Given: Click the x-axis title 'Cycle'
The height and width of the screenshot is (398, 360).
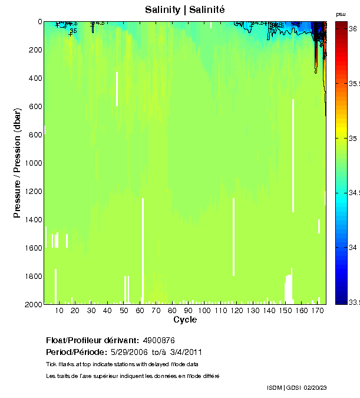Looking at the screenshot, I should click(185, 320).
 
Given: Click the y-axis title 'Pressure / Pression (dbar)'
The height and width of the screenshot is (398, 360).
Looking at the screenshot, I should click(18, 163).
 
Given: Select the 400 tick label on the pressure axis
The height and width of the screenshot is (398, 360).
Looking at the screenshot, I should click(33, 78).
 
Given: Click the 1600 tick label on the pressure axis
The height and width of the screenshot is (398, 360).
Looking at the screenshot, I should click(31, 248).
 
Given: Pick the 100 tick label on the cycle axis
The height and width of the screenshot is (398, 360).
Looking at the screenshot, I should click(204, 310).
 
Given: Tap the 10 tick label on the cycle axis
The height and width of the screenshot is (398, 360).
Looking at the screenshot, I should click(59, 310).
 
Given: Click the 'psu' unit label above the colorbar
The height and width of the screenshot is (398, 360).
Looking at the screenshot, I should click(341, 14).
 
